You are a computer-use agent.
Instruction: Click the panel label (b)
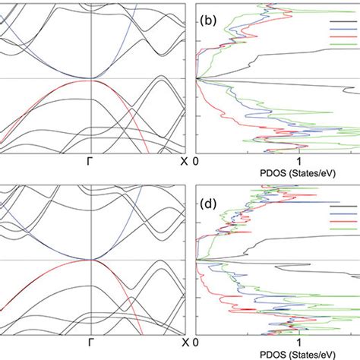click(208, 22)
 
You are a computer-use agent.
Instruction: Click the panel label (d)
click(208, 204)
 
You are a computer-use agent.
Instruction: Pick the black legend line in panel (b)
click(343, 21)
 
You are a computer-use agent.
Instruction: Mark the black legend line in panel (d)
click(343, 205)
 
